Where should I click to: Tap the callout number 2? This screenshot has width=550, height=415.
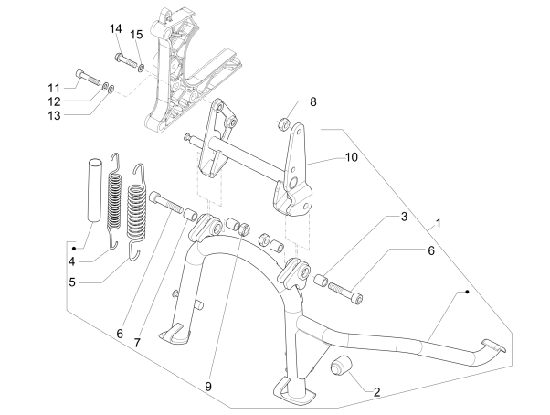click(375, 391)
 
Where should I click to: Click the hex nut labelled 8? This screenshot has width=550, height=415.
click(284, 121)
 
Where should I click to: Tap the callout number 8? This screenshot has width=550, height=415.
click(312, 101)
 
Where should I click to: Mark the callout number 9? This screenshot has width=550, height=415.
click(209, 387)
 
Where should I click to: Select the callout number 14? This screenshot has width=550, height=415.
click(116, 29)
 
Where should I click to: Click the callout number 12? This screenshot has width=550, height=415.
click(54, 101)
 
